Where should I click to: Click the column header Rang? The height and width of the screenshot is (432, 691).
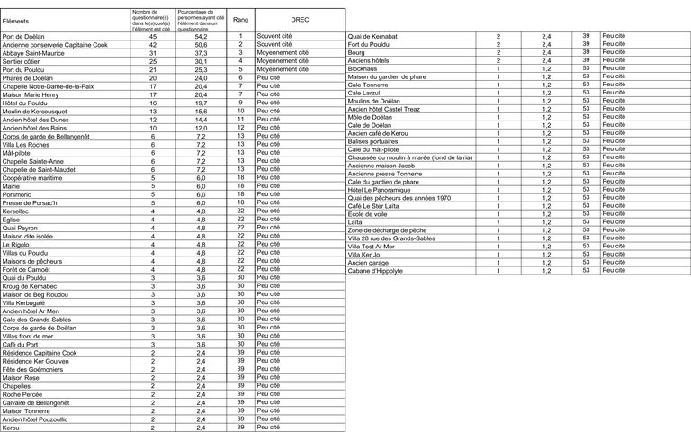241,18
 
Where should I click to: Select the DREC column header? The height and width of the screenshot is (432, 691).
300,18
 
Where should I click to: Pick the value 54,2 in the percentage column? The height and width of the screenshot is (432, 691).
200,36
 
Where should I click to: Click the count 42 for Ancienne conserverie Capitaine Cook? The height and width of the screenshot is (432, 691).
152,44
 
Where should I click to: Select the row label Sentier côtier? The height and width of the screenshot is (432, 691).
26,61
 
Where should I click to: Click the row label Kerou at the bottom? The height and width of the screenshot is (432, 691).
12,427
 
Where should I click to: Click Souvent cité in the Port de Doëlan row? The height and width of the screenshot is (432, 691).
274,36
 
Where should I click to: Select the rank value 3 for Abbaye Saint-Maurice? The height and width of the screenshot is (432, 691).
241,52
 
